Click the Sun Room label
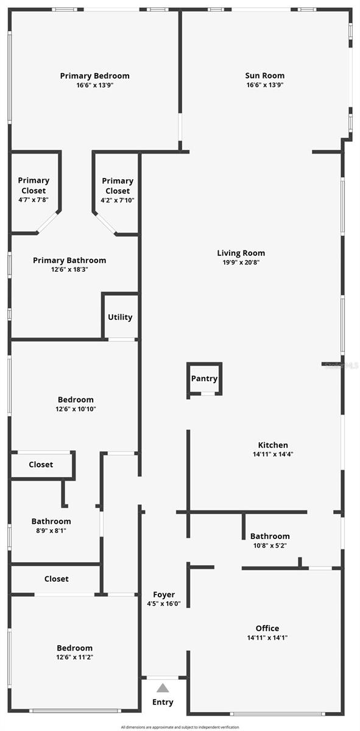pos(265,76)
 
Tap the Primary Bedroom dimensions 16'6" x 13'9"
pos(94,85)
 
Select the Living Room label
pos(241,253)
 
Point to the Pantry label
pos(204,378)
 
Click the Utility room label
pos(120,317)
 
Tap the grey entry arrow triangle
pos(163,688)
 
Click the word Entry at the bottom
pos(163,702)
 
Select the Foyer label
pos(164,595)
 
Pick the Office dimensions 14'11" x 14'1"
pos(267,638)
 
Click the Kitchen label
pos(273,445)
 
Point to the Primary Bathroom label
pos(69,260)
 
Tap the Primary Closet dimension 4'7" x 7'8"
pos(34,200)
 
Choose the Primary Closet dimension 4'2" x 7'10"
pos(118,200)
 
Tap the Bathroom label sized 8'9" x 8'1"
pos(51,521)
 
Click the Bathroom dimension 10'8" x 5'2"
pos(270,546)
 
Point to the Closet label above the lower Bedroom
pos(57,579)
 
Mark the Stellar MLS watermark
pos(342,365)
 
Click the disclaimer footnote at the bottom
pos(180,727)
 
